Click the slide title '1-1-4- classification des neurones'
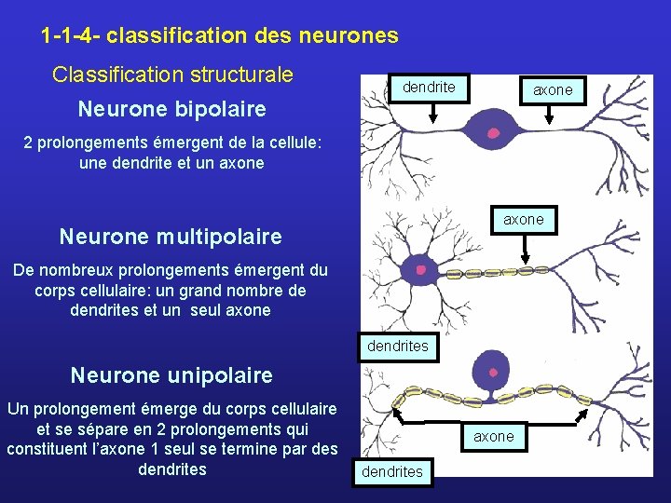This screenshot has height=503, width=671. pyautogui.click(x=220, y=36)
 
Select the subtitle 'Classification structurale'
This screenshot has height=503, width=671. pyautogui.click(x=172, y=75)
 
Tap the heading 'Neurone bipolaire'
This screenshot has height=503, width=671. pyautogui.click(x=172, y=110)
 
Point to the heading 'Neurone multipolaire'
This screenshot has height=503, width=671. pyautogui.click(x=171, y=237)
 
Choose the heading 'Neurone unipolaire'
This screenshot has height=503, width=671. pyautogui.click(x=171, y=375)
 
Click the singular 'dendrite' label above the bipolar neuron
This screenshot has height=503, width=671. pyautogui.click(x=429, y=88)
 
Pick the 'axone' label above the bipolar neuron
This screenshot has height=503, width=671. pyautogui.click(x=553, y=90)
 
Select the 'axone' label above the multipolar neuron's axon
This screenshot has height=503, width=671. pyautogui.click(x=523, y=220)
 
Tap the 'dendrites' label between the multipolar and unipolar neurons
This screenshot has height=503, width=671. pyautogui.click(x=398, y=347)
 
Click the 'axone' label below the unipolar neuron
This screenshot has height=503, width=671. pyautogui.click(x=493, y=436)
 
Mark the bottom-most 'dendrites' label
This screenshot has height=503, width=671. pyautogui.click(x=392, y=471)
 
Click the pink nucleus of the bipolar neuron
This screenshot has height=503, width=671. pyautogui.click(x=494, y=133)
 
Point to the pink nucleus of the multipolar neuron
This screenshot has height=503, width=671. pyautogui.click(x=421, y=270)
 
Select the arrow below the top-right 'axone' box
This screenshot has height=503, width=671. pyautogui.click(x=552, y=114)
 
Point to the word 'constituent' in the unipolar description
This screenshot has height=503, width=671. pyautogui.click(x=43, y=449)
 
